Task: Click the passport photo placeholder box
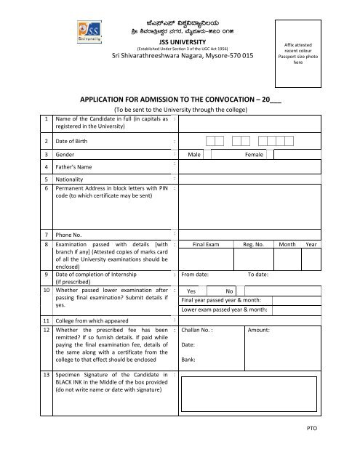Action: (301, 53)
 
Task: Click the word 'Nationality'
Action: (73, 178)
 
